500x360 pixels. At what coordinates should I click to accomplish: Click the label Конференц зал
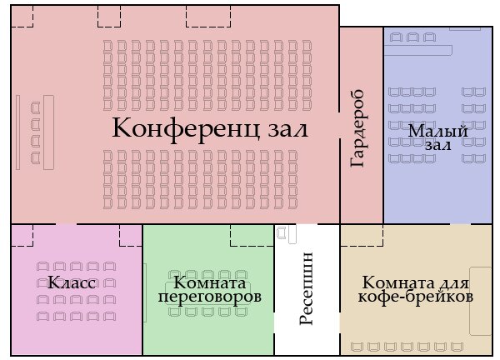tap(210, 127)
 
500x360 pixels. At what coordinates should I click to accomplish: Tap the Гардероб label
tap(357, 128)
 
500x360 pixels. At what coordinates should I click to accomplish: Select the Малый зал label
tap(438, 137)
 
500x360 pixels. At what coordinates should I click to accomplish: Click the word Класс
tap(72, 282)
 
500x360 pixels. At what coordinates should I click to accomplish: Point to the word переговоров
tap(210, 297)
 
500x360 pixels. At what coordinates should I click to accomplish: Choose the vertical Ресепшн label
tap(307, 288)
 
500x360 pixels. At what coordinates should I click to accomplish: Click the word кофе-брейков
tap(416, 297)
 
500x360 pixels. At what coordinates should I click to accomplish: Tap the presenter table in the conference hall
tap(49, 132)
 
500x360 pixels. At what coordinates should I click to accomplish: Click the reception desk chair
tap(282, 232)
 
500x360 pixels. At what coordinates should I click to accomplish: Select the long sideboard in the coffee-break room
tap(481, 301)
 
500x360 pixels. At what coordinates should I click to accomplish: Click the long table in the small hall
tap(418, 50)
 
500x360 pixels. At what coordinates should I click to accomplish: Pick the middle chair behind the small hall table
tap(412, 37)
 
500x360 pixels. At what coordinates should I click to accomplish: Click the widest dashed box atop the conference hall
tap(208, 17)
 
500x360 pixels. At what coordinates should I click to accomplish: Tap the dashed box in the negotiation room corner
tap(252, 235)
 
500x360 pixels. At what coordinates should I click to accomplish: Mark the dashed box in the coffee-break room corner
tap(362, 235)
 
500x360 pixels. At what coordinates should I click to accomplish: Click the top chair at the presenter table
tap(35, 107)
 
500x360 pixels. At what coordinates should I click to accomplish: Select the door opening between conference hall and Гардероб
tap(340, 125)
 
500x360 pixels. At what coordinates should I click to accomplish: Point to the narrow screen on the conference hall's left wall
tap(17, 132)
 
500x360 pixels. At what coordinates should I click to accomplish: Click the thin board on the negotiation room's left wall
tap(145, 292)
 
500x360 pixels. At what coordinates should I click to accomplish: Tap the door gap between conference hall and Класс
tap(67, 224)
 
